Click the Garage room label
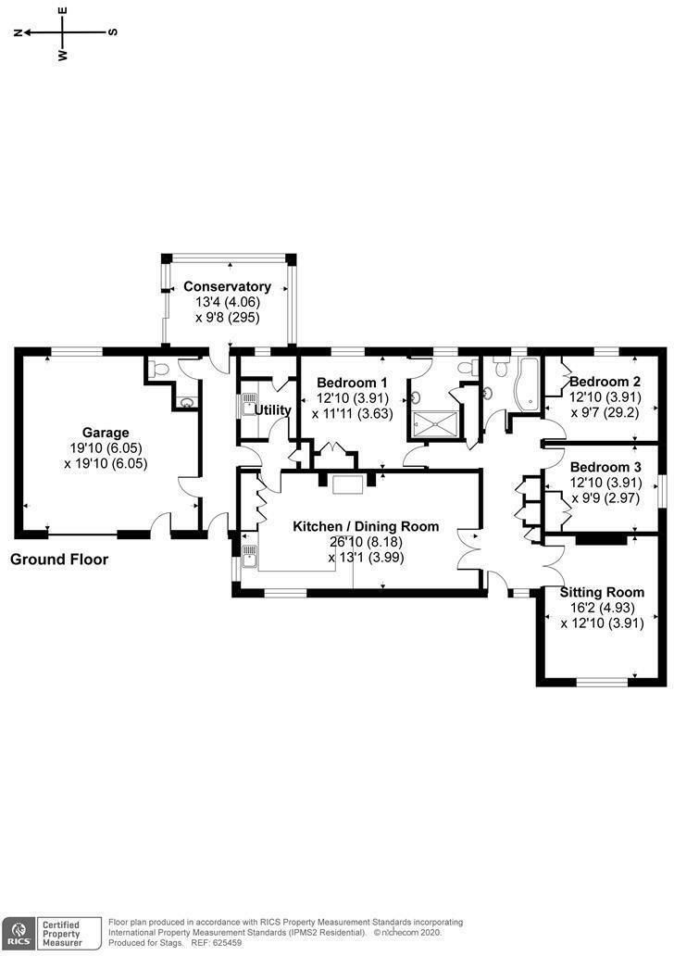106,433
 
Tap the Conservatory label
228,286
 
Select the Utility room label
272,409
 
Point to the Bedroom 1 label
352,383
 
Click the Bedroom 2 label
605,382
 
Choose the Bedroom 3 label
605,467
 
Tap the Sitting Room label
602,592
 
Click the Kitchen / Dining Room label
366,526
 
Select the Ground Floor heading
59,560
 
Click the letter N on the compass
19,32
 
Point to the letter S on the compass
113,32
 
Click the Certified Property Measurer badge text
61,934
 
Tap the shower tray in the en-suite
436,424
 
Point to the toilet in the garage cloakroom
159,369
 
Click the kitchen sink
249,555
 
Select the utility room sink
248,404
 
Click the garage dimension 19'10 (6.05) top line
106,448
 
